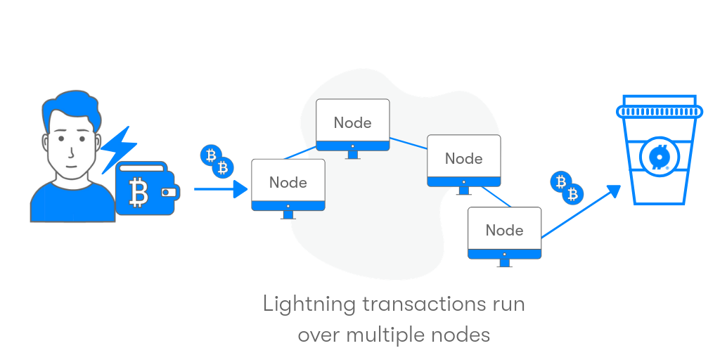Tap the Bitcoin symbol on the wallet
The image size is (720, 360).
[x=139, y=190]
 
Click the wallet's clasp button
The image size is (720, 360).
[x=169, y=191]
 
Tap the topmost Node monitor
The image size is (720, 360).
[x=352, y=124]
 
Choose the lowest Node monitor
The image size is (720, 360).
[x=504, y=232]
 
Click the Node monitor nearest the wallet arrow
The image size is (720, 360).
[x=288, y=184]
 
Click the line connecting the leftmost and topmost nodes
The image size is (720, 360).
[x=300, y=153]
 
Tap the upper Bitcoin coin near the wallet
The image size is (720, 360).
[x=210, y=155]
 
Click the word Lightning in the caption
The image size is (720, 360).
[x=307, y=305]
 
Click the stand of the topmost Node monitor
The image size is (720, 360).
[x=352, y=155]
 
